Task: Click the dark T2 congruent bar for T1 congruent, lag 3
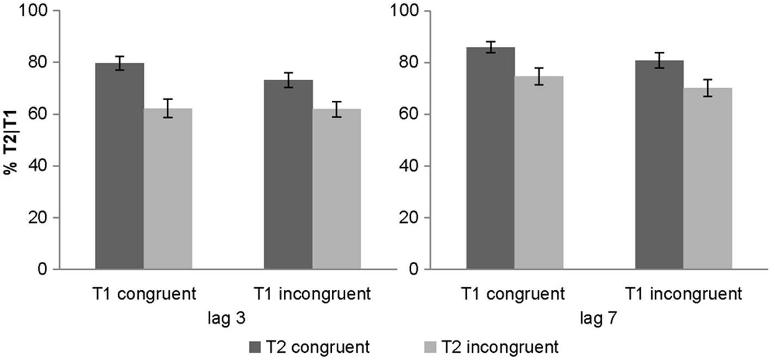pyautogui.click(x=119, y=166)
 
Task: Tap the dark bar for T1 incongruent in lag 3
pyautogui.click(x=288, y=174)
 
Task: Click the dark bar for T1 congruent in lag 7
pyautogui.click(x=490, y=158)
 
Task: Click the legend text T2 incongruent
pyautogui.click(x=499, y=346)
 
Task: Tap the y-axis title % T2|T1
pyautogui.click(x=9, y=141)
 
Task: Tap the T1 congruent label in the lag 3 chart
pyautogui.click(x=144, y=295)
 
